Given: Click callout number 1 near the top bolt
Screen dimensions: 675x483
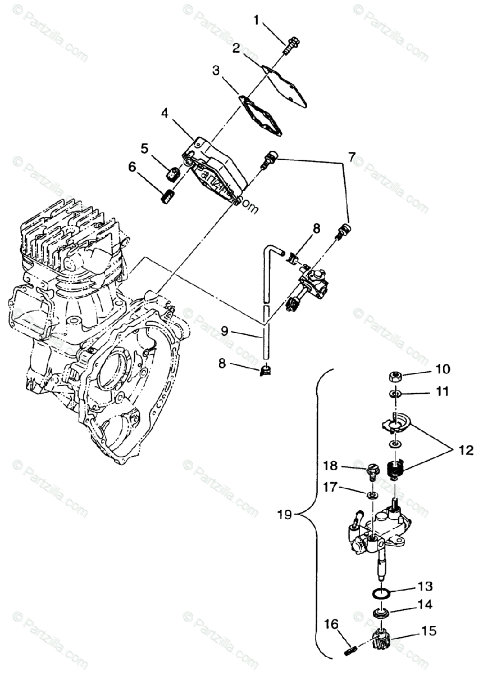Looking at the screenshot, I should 257,21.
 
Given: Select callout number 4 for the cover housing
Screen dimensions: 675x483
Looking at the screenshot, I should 165,112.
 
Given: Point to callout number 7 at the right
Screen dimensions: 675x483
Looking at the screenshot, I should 352,157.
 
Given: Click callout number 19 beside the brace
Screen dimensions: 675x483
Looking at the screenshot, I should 285,514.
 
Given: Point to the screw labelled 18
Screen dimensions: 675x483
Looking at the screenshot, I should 372,470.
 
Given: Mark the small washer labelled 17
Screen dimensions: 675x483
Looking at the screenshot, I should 371,495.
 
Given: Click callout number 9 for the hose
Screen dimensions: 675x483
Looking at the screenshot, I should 224,331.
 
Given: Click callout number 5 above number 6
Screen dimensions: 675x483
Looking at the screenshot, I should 144,148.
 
